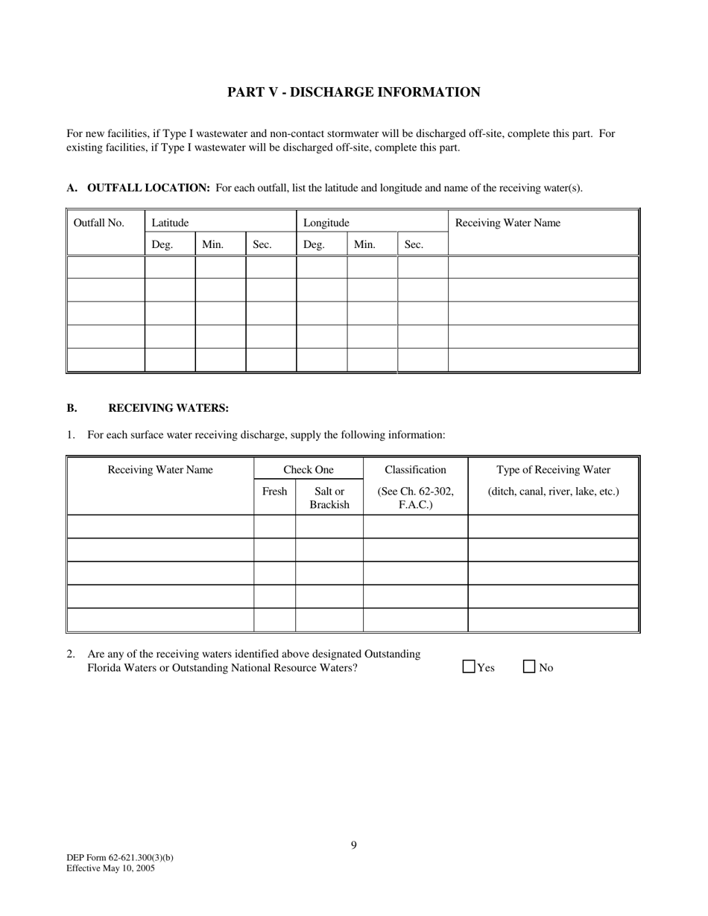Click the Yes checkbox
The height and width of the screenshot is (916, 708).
click(469, 667)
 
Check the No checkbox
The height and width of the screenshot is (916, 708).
click(530, 667)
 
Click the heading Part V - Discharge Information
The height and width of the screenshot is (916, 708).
click(353, 92)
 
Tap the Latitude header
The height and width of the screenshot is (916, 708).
click(170, 223)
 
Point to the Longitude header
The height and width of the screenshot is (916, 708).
click(326, 223)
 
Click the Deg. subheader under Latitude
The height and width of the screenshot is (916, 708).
click(162, 244)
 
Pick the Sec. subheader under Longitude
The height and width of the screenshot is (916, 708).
click(414, 244)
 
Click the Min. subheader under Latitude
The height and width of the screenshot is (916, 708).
click(213, 244)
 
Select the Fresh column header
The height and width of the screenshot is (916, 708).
click(274, 492)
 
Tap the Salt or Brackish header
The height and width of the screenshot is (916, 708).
click(329, 498)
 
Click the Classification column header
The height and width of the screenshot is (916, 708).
click(415, 470)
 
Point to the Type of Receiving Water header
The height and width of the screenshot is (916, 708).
click(553, 470)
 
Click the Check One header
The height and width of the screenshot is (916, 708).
click(309, 470)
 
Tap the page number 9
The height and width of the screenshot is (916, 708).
click(354, 845)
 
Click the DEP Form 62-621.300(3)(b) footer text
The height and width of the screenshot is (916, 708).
click(120, 858)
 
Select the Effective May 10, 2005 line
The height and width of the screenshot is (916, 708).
click(110, 868)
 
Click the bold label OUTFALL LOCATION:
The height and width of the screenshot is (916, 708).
click(148, 188)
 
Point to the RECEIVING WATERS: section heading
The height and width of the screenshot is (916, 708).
click(168, 408)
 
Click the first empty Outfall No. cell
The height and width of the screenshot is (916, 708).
click(106, 267)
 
